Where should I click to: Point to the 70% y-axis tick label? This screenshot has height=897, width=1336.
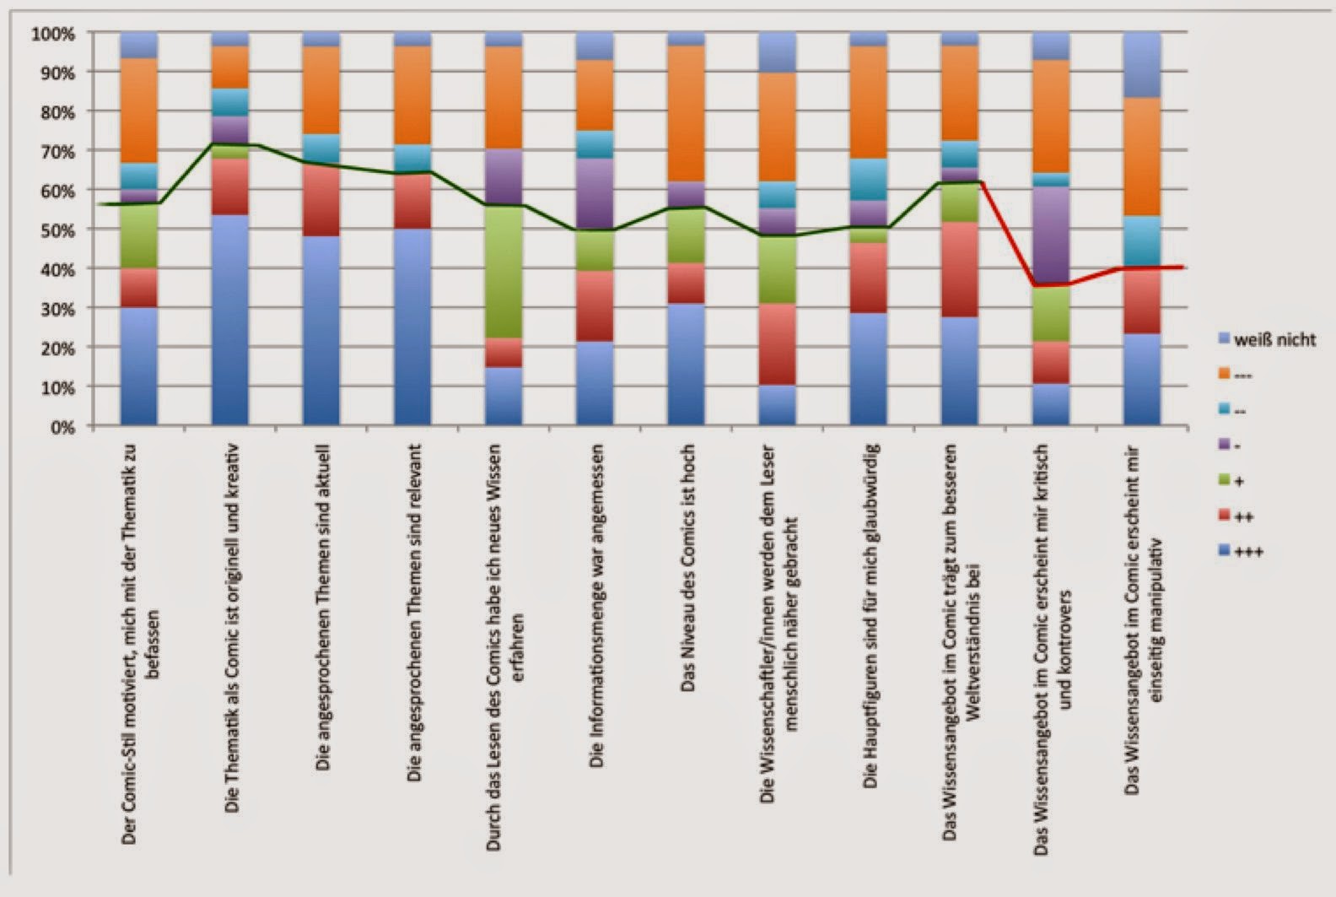[54, 151]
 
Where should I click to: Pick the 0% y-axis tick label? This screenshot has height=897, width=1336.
[61, 426]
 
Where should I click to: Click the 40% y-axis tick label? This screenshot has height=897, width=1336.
[54, 269]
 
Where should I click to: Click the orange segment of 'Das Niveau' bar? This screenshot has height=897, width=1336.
[686, 113]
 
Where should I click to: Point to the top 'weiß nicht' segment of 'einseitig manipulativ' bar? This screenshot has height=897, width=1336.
[1141, 64]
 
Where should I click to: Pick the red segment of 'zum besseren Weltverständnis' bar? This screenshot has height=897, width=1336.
[959, 269]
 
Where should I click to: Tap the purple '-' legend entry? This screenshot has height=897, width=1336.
[1235, 445]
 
